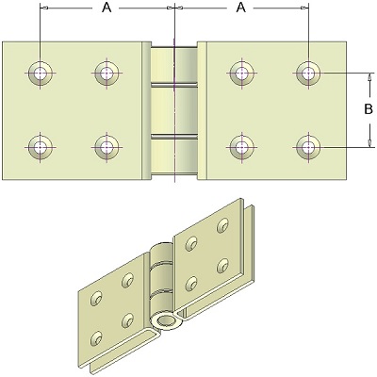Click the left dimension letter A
coord(107,8)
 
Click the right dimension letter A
coord(241,8)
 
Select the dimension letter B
coord(369,109)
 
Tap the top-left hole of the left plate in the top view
coord(41,74)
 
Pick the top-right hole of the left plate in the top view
coord(107,74)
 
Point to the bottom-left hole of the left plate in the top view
coord(41,147)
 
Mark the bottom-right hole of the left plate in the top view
coord(107,147)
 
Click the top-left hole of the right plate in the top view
coord(241,74)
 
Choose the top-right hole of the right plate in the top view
coord(308,74)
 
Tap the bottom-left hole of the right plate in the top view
coord(241,147)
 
